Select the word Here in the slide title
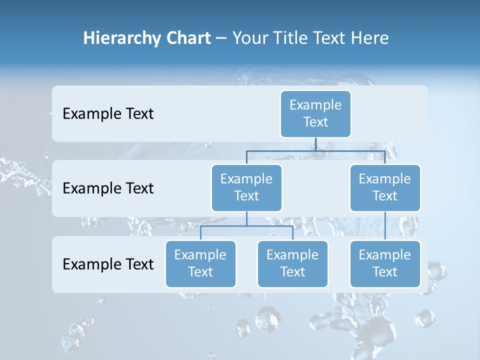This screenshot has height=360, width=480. pos(369,38)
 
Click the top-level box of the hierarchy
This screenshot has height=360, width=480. pos(315,113)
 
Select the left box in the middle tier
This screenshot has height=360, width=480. pos(246,187)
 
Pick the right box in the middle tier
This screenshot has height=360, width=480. pos(385,187)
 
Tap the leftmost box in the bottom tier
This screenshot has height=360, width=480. pos(200,263)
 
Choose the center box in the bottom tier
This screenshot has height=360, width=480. pos(292,263)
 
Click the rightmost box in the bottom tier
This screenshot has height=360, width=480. pos(385,263)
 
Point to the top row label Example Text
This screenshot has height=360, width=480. pos(108,114)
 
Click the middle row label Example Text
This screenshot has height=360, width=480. pos(108,188)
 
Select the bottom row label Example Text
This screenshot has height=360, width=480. pos(108,264)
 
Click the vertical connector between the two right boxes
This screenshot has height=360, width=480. pos(385,226)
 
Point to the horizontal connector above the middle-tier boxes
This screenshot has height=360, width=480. pos(315,150)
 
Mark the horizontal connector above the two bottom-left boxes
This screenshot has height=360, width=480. pos(246,226)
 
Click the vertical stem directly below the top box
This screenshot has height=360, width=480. pos(315,144)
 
